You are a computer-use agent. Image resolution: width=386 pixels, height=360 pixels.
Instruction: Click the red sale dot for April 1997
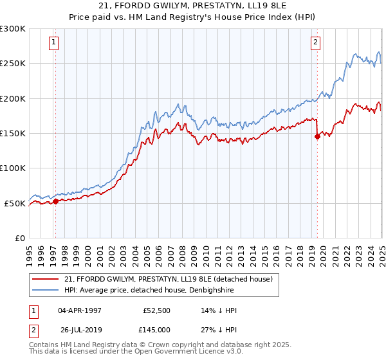[x=55, y=201]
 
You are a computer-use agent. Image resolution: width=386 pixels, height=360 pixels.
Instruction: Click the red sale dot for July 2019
[x=317, y=136]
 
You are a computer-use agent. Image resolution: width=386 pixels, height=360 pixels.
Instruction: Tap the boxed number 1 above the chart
[x=53, y=43]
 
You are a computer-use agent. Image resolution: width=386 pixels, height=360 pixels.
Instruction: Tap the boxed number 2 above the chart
[x=316, y=43]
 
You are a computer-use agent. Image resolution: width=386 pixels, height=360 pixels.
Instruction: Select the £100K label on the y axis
[x=13, y=168]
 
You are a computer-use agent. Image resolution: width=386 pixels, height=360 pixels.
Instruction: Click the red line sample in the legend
[x=46, y=279]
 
